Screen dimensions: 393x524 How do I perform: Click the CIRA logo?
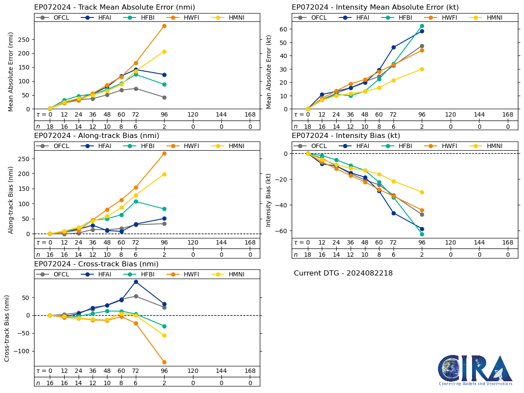coord(475,370)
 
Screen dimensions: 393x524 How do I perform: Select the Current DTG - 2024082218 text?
coord(343,273)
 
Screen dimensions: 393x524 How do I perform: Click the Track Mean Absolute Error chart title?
coord(114,7)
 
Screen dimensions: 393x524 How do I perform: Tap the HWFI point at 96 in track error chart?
coord(164,26)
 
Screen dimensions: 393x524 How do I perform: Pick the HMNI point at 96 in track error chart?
coord(164,52)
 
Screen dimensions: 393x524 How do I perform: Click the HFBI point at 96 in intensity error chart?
coord(422,26)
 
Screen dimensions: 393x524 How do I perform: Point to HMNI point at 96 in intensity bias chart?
coord(422,192)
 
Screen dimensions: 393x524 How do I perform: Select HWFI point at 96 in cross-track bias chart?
coord(164,362)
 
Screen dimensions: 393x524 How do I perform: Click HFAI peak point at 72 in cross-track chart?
coord(136,282)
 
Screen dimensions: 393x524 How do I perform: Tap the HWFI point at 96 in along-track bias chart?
coord(164,153)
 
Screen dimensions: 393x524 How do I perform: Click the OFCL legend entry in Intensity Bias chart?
coord(310,146)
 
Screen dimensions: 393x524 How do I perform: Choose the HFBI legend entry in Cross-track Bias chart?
coord(138,274)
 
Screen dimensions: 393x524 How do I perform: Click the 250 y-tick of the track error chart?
coord(25,39)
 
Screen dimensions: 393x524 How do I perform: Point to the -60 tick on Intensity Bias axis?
coord(282,231)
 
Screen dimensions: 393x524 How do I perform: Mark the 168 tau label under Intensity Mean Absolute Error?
coord(507,115)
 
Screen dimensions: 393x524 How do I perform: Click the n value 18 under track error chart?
coord(50,127)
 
